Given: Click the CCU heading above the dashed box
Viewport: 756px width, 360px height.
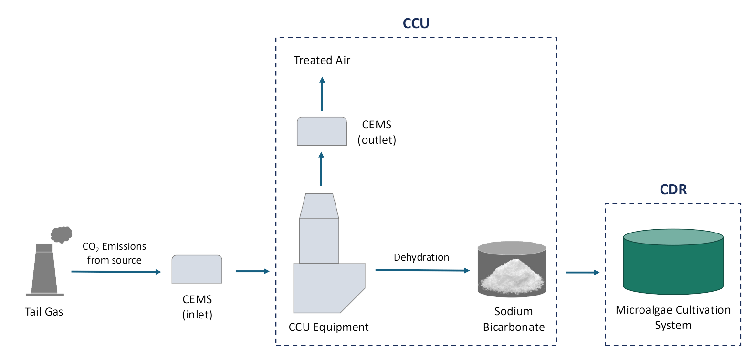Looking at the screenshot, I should (416, 23).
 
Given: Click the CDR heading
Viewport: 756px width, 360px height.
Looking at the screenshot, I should (673, 190).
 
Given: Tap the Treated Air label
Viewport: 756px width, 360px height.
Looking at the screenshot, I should (322, 60).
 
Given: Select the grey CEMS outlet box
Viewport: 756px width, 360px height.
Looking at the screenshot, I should (322, 131).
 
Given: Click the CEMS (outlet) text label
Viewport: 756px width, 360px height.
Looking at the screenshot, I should (377, 132).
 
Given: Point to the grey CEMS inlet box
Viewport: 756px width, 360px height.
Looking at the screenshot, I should (197, 269).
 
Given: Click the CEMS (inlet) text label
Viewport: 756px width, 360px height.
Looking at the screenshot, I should (197, 307).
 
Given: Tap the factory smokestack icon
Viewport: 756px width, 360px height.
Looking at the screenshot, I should (44, 270).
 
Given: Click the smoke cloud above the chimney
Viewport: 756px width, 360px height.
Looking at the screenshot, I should (61, 234).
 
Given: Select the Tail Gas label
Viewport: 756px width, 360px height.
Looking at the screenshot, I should (44, 312).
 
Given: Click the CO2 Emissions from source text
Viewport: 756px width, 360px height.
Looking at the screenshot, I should (114, 253).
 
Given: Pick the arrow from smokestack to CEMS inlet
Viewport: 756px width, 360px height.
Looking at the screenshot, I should (116, 272).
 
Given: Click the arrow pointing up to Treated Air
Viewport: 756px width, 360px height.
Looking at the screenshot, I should (322, 94).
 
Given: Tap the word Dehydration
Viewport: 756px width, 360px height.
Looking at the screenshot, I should (421, 257).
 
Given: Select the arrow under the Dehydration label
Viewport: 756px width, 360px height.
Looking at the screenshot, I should (422, 270).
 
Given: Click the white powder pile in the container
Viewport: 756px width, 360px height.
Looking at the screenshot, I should (512, 275).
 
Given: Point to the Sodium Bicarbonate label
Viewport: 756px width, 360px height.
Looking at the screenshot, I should (514, 319).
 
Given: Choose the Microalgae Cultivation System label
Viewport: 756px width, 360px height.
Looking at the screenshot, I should (673, 318).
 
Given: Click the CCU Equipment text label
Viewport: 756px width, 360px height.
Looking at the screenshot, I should (328, 327).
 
